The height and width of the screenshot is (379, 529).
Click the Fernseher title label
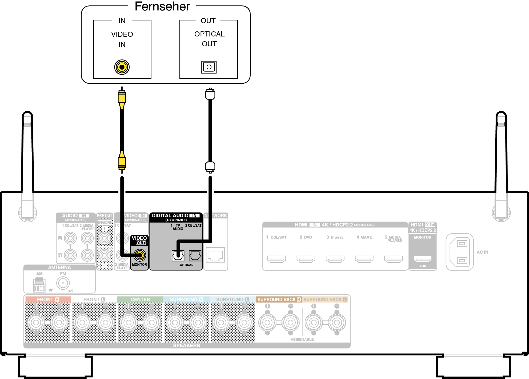point(162,7)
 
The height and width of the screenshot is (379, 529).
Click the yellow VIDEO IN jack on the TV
point(122,67)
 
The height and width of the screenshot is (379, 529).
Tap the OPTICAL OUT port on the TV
point(209,67)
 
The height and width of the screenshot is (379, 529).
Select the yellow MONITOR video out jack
point(140,255)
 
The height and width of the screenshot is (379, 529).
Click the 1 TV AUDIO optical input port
point(178,256)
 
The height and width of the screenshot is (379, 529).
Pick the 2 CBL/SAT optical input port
point(195,256)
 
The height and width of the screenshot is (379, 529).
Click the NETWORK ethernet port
point(216,255)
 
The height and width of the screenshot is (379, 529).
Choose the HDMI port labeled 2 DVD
point(306,259)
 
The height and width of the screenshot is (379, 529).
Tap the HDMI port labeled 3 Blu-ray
point(335,259)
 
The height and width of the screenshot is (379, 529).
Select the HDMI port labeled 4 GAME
point(364,259)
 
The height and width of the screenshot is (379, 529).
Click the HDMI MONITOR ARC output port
point(423,259)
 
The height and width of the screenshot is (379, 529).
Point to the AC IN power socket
point(460,252)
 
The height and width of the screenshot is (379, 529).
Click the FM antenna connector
point(63,283)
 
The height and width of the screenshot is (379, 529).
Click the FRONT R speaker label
point(48,300)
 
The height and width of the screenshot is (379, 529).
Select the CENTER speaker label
point(140,300)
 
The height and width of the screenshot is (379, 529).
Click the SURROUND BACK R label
point(279,300)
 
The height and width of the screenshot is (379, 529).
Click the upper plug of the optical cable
point(210,94)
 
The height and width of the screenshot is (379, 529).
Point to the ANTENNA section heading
point(59,267)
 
